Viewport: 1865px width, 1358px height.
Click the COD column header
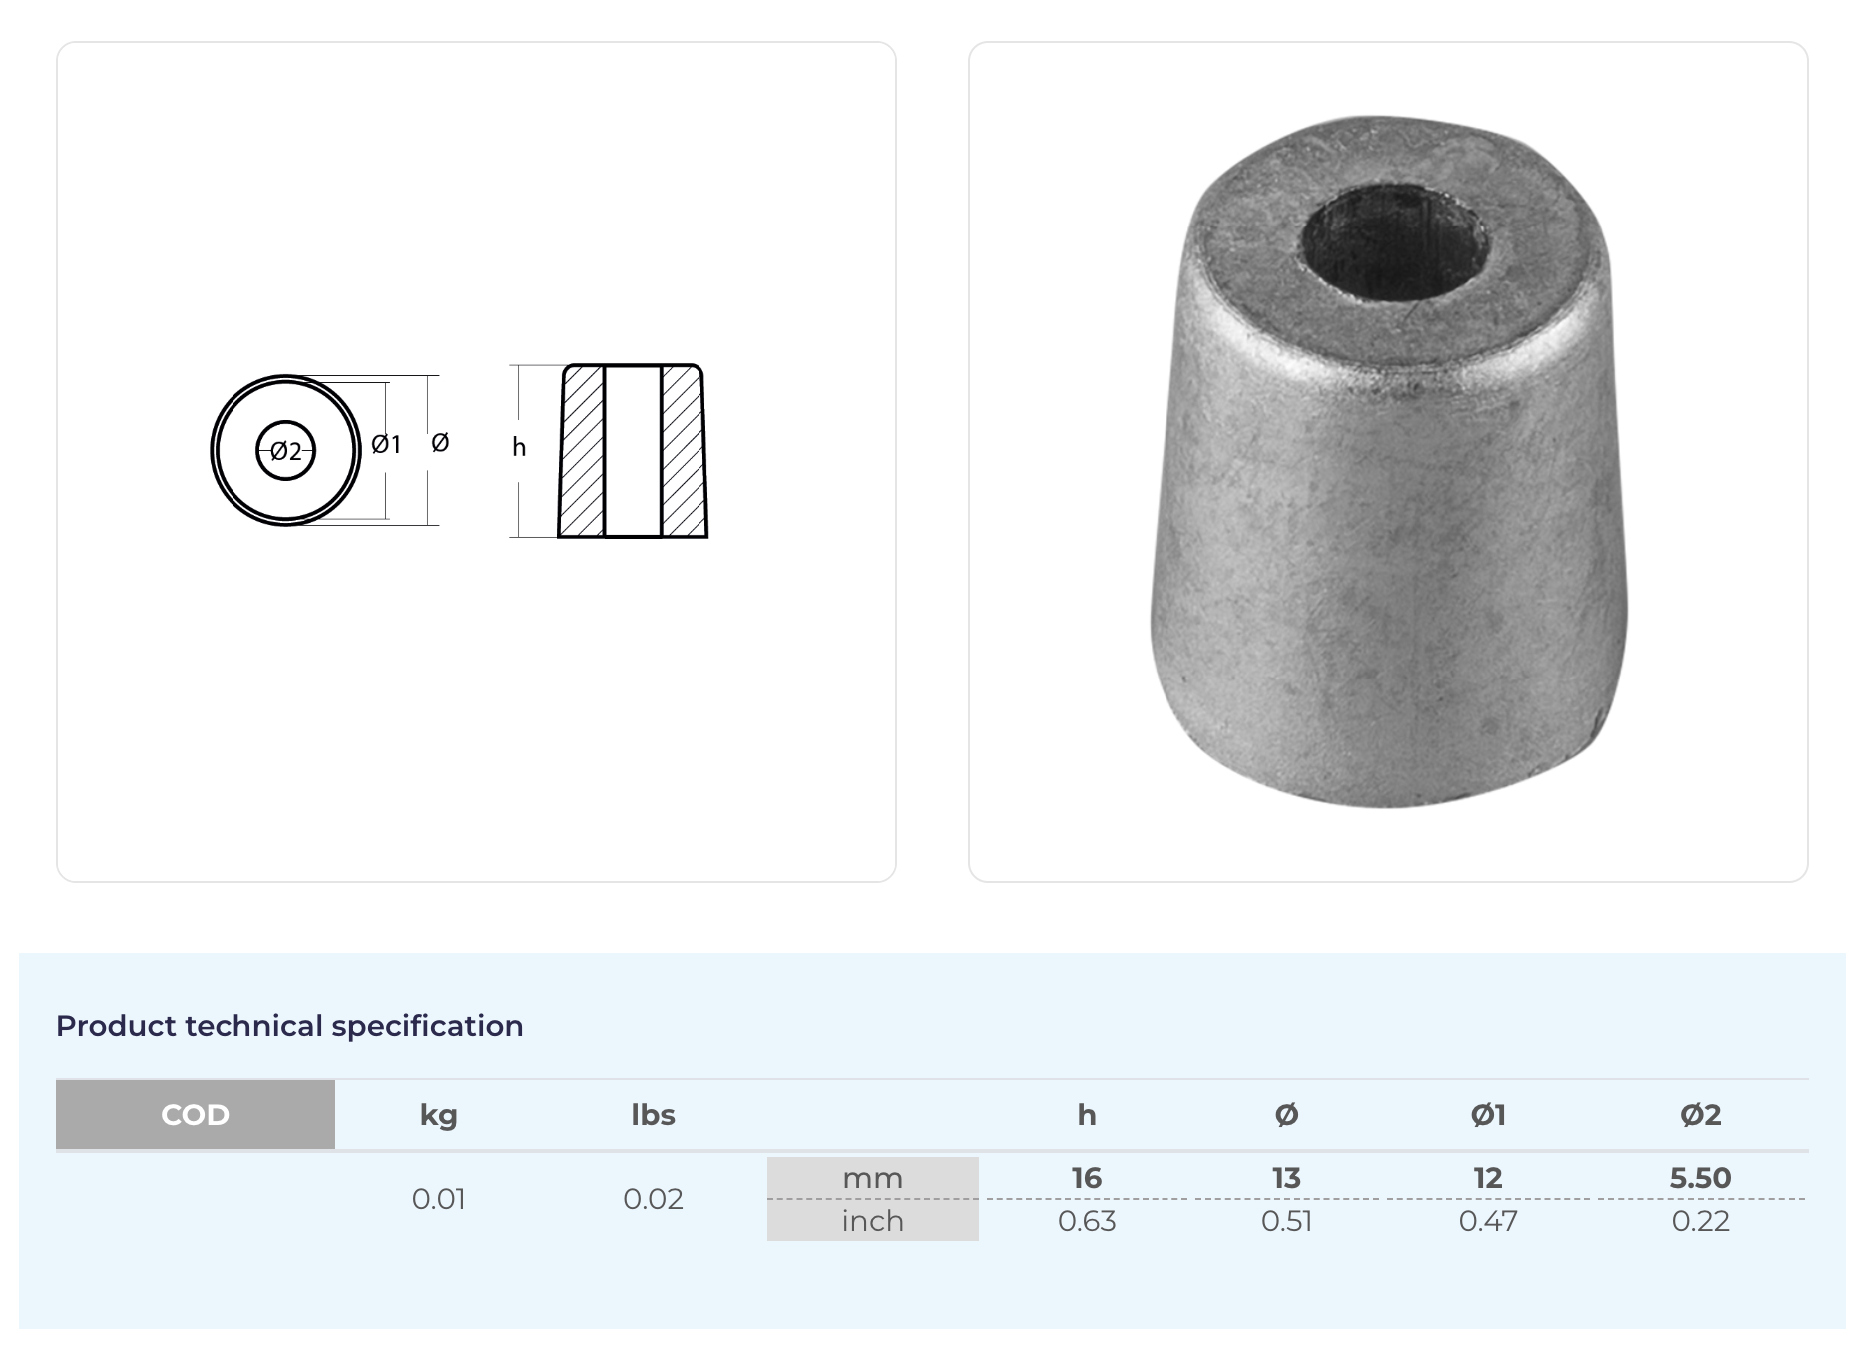tap(195, 1114)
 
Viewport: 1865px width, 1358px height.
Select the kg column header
tap(438, 1115)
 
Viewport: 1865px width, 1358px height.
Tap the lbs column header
tap(653, 1114)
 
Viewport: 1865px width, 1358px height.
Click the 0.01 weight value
tap(438, 1199)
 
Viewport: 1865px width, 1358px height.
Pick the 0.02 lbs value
tap(653, 1199)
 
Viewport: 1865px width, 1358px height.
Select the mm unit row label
tap(872, 1178)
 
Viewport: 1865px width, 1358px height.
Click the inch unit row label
tap(872, 1221)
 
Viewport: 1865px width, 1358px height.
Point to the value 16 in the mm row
tap(1087, 1178)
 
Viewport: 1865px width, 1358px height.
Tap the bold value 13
tap(1286, 1178)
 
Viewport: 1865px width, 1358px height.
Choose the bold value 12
tap(1487, 1178)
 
